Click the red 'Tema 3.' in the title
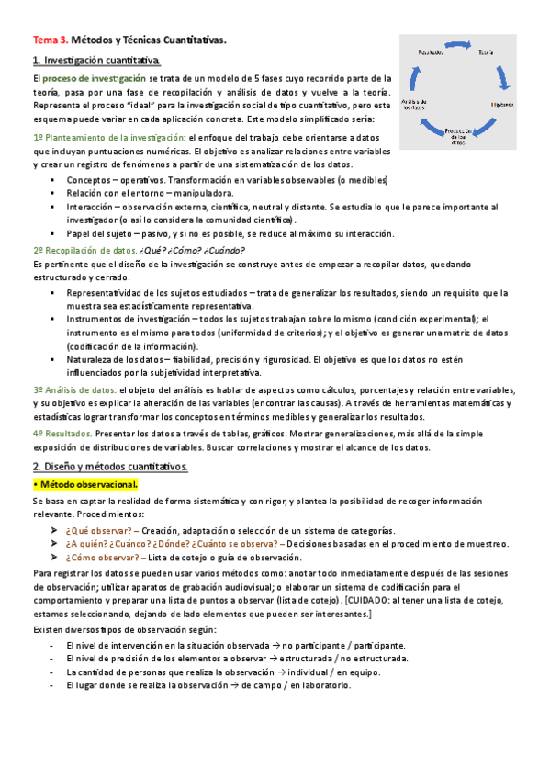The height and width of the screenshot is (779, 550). click(51, 40)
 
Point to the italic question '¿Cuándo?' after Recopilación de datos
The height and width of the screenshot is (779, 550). click(225, 250)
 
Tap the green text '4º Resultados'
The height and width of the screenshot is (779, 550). click(62, 435)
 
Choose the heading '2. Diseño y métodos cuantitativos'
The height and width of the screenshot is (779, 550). click(109, 467)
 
